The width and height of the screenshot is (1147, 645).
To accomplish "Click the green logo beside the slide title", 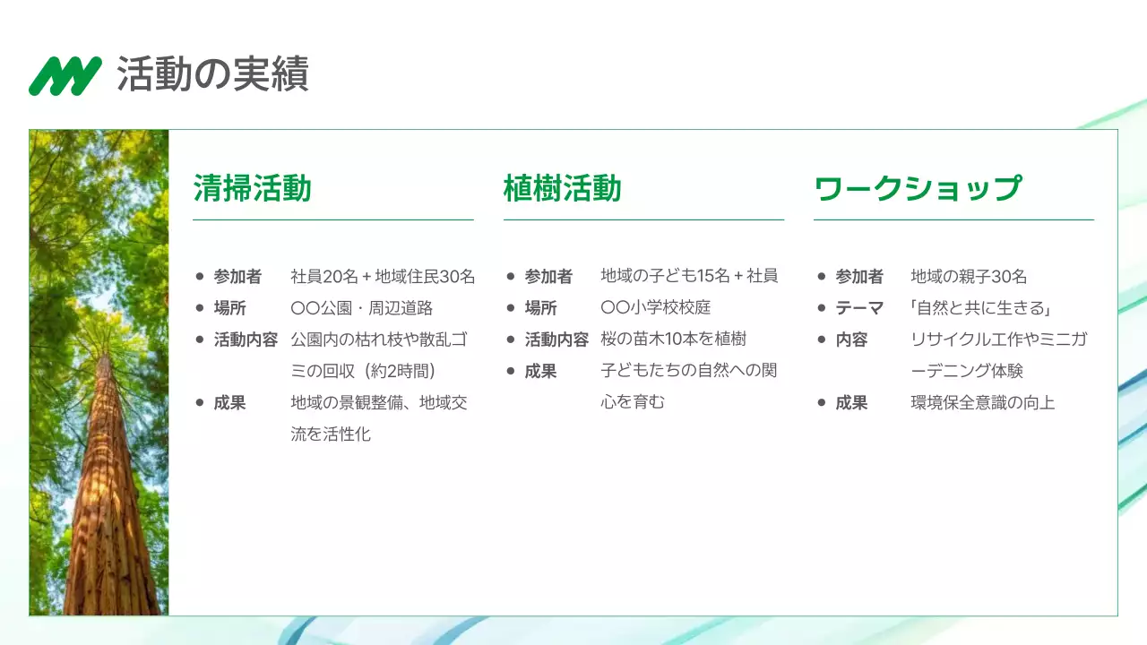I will [x=65, y=76].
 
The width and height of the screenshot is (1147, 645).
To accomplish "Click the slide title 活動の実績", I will [x=212, y=74].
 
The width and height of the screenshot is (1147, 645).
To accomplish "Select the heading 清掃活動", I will [x=252, y=189].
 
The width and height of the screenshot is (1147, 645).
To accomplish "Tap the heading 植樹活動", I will [x=562, y=189].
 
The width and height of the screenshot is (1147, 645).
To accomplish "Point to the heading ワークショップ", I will [x=917, y=189].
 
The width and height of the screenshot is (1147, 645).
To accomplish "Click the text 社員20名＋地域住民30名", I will [x=383, y=277].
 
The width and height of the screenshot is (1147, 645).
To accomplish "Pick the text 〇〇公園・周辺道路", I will [x=362, y=308].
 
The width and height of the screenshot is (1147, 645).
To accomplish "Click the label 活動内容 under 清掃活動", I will [x=246, y=340].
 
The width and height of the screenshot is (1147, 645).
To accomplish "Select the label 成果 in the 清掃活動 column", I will [x=229, y=403].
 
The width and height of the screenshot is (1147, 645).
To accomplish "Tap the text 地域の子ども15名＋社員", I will [x=689, y=277].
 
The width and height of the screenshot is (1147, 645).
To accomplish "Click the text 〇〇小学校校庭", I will [x=655, y=308].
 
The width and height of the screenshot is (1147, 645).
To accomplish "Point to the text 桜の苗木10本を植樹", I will [x=673, y=340].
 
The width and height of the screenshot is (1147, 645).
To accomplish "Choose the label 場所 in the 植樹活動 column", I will [x=540, y=308].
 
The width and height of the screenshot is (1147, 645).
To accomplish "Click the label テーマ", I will [x=859, y=308].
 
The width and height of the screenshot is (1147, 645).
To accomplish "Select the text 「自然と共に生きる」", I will [x=980, y=308].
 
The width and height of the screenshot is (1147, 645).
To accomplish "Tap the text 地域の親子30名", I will [x=969, y=277].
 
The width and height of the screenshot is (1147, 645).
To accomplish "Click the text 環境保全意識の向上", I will [x=982, y=403].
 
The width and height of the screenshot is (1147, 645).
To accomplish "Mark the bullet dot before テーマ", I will [x=822, y=308].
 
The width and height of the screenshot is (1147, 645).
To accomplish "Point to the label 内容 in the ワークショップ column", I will [x=851, y=340].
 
